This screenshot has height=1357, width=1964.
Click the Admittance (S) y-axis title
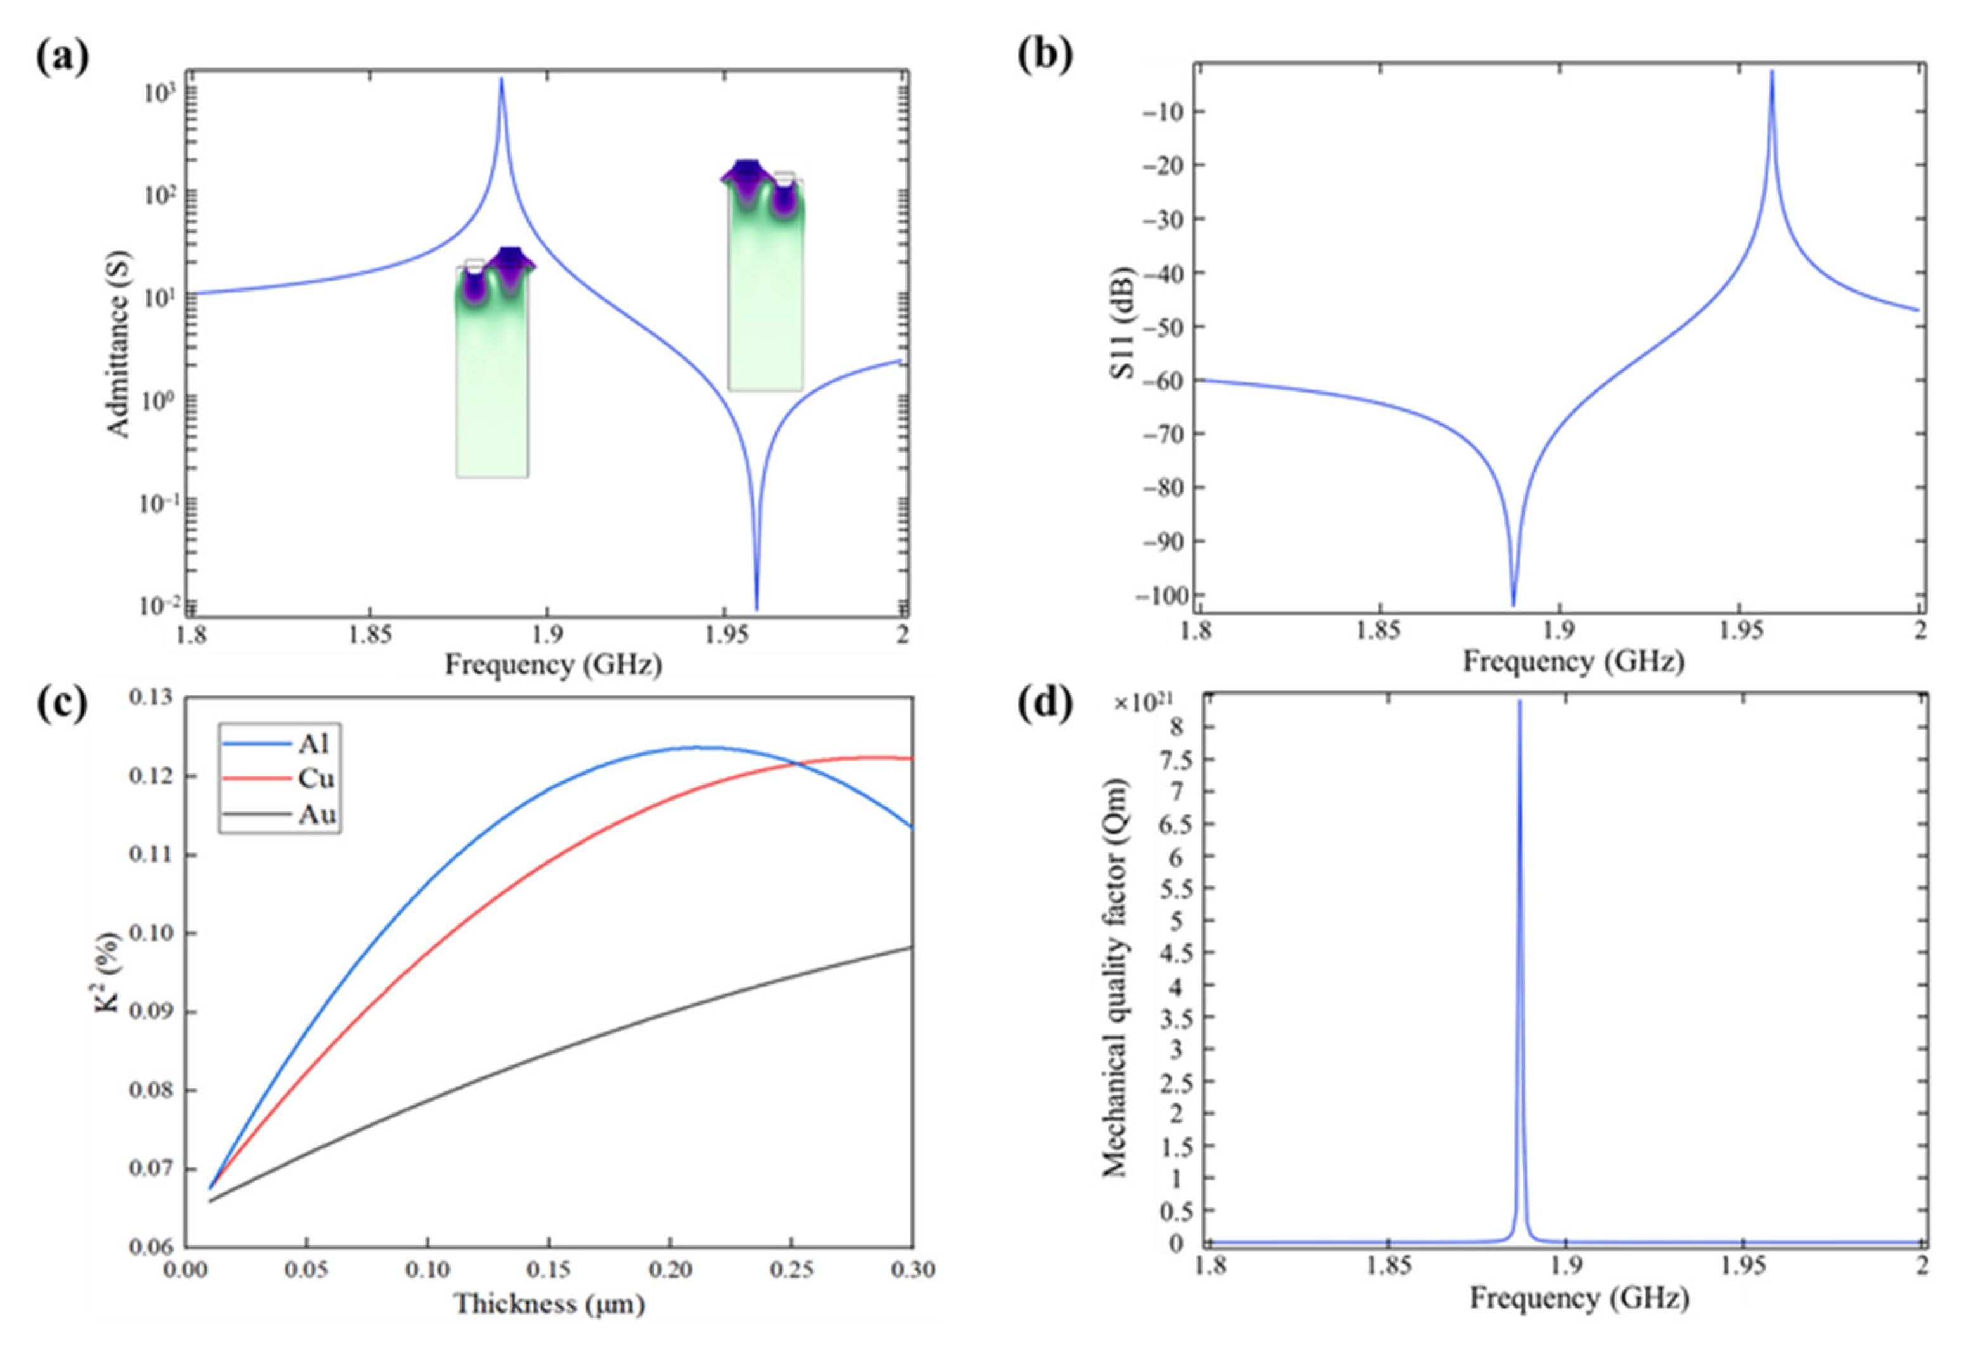click(120, 344)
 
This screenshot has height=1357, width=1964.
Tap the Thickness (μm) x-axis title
click(548, 1303)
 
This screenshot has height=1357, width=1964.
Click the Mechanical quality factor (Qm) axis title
click(1114, 978)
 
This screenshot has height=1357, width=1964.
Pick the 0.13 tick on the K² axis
click(150, 698)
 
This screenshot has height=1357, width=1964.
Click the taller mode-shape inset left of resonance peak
click(493, 366)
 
